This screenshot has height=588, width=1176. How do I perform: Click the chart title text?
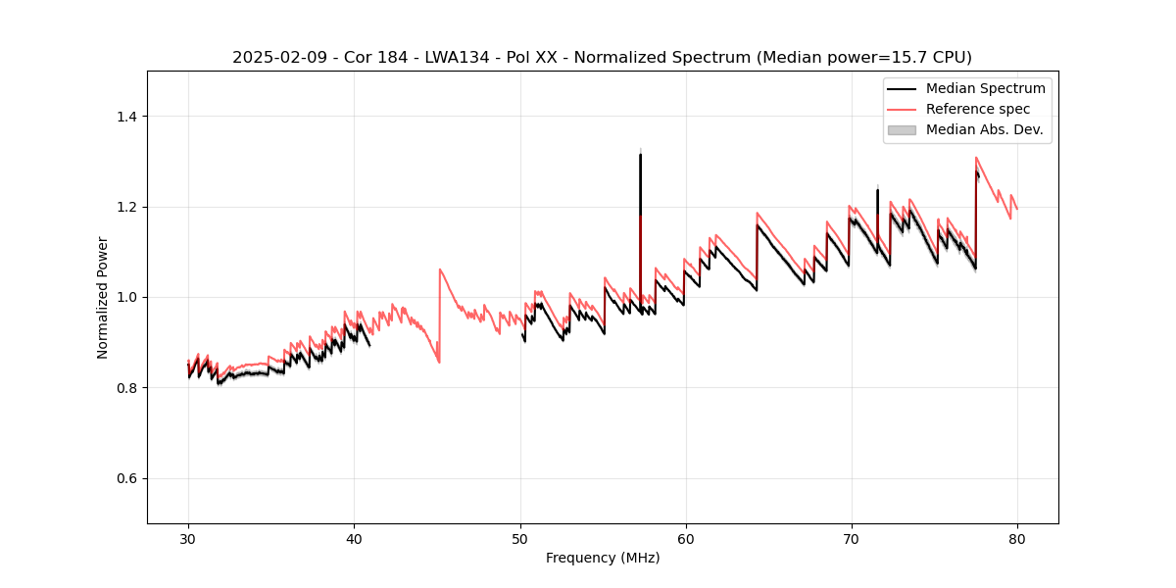click(x=602, y=57)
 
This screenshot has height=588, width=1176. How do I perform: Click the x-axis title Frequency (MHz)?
click(x=603, y=558)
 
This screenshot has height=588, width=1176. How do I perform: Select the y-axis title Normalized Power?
click(x=103, y=297)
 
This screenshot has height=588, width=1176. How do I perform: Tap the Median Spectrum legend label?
click(x=985, y=88)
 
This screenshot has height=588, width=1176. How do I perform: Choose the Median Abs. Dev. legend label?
click(x=984, y=129)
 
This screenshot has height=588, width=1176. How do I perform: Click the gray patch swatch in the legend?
click(x=901, y=129)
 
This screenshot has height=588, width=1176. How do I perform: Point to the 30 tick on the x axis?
click(x=188, y=538)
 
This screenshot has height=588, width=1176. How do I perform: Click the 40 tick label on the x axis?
click(x=354, y=538)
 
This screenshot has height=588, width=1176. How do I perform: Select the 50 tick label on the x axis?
click(x=519, y=538)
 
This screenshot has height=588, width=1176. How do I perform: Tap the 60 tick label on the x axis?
click(x=685, y=538)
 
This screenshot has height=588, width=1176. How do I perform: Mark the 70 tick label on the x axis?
click(x=851, y=538)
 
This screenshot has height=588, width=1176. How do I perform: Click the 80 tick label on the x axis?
click(x=1016, y=538)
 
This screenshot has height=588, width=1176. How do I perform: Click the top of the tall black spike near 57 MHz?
click(x=640, y=154)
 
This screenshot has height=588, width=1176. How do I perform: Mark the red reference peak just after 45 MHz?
click(x=440, y=269)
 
